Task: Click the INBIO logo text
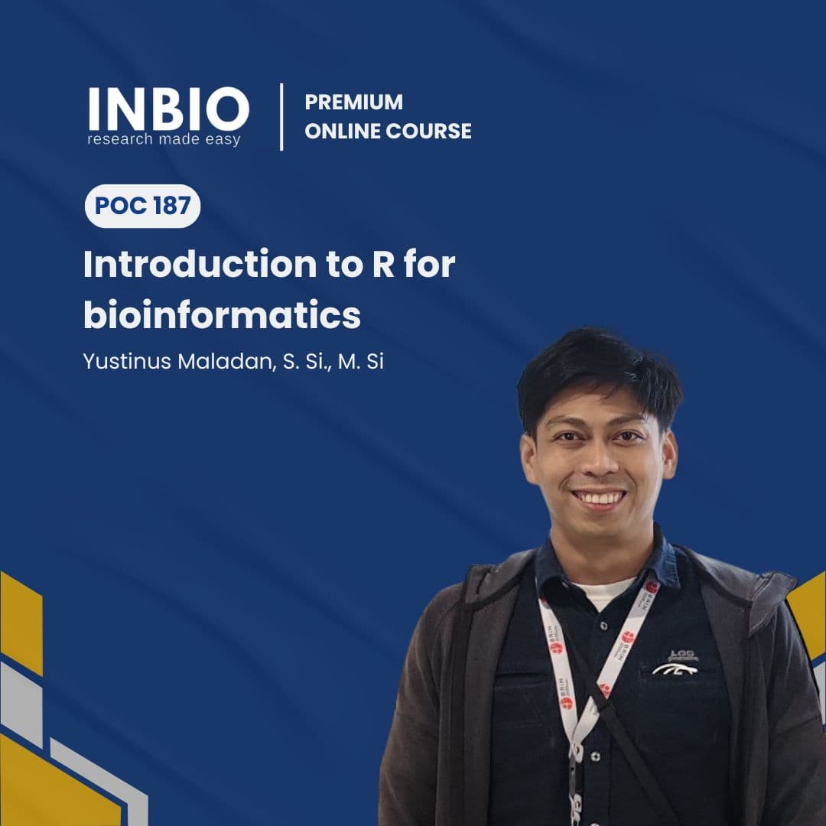pos(168,109)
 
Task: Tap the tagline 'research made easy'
pos(164,139)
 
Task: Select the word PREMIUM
pos(353,102)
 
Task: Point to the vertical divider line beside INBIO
pos(281,116)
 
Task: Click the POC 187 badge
pos(142,206)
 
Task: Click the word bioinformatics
pos(221,316)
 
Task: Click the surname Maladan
pos(223,362)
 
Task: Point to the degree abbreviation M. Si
pos(360,362)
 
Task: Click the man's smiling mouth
pos(600,499)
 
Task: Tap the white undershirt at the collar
pos(603,590)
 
